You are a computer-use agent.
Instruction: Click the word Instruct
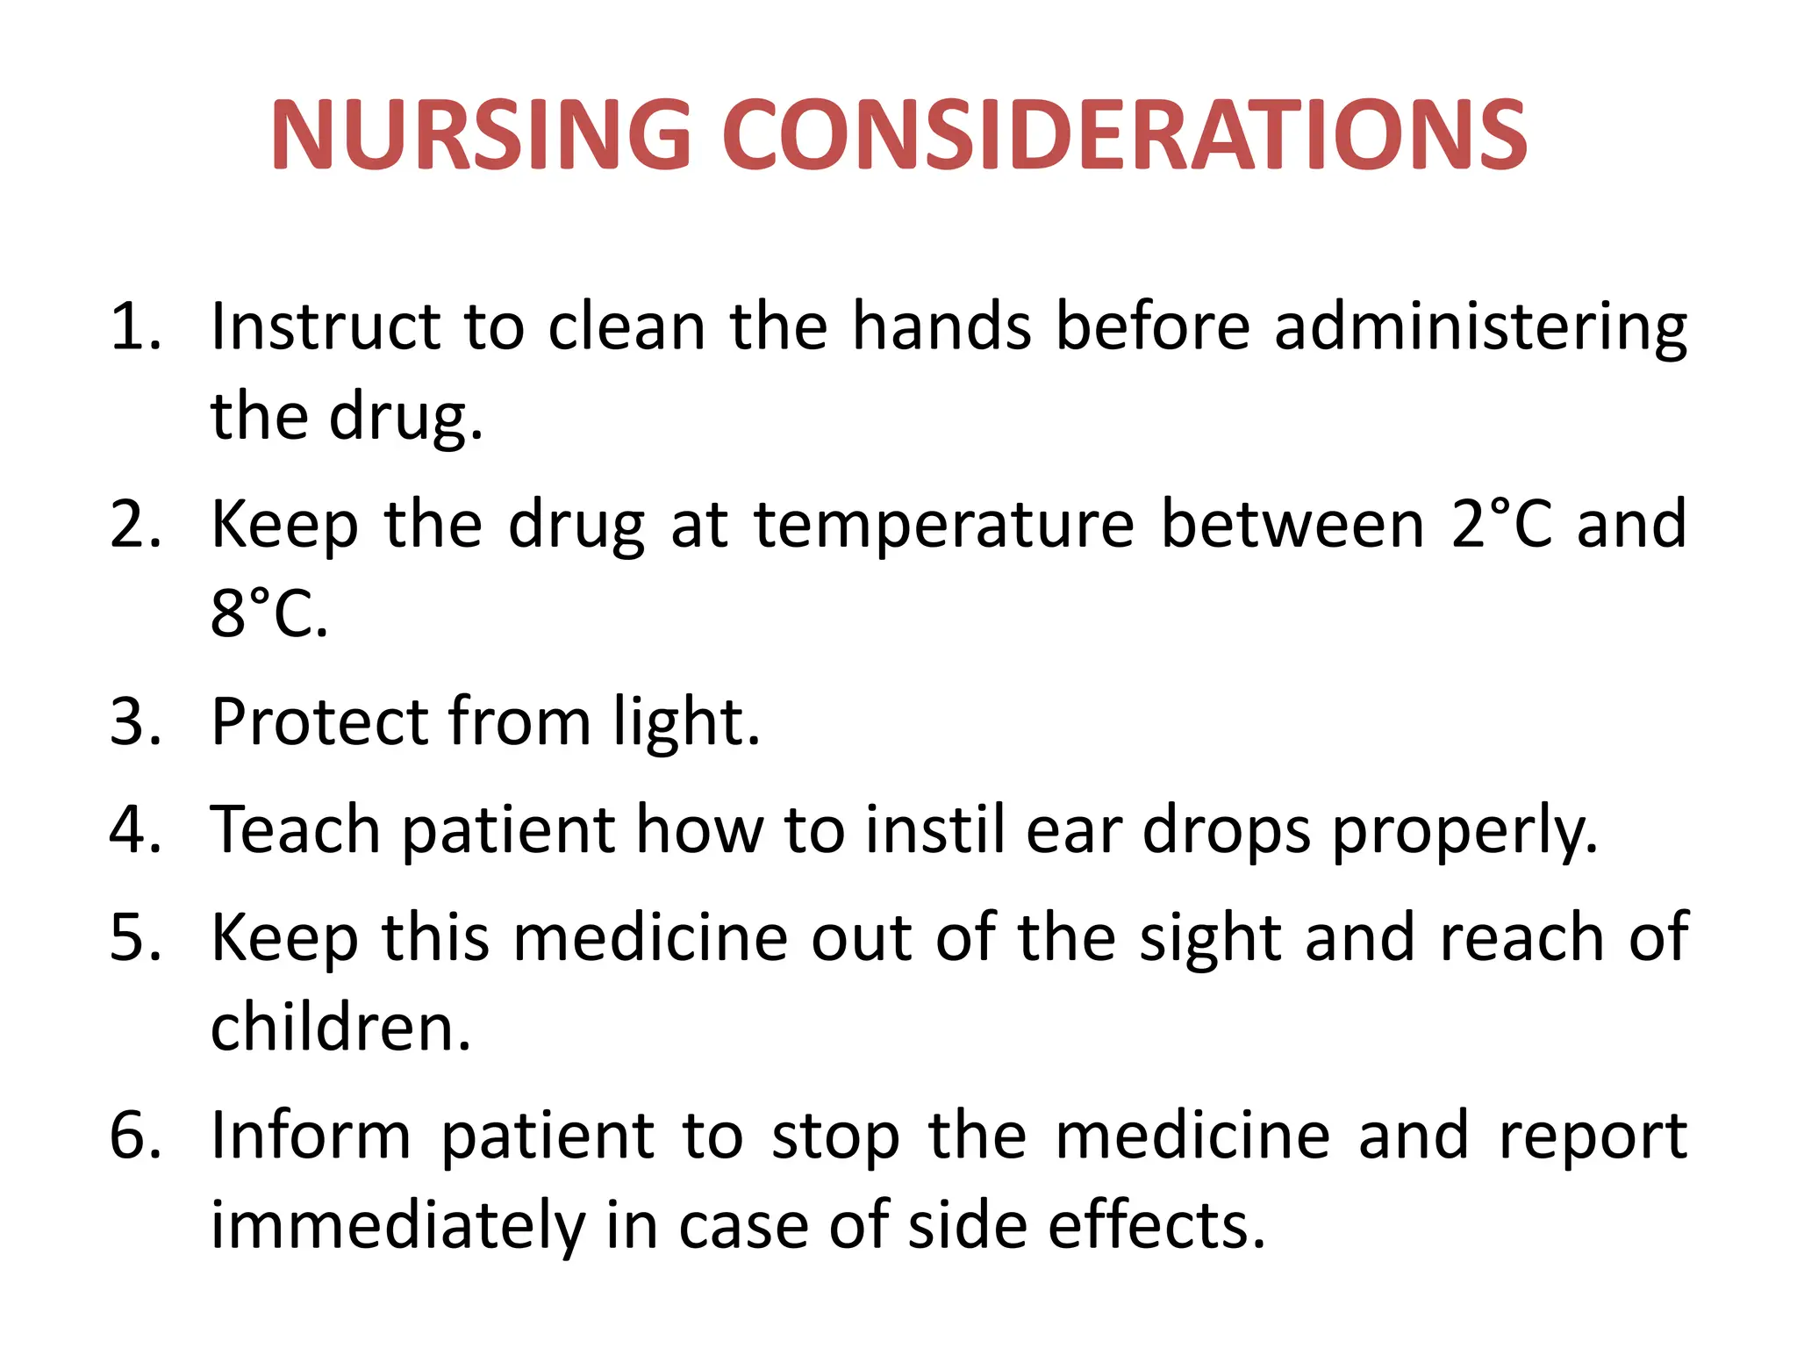[325, 327]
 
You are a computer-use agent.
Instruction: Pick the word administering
[1480, 327]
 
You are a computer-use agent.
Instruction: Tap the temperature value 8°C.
[268, 613]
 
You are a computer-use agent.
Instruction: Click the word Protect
[319, 722]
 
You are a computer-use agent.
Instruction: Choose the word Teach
[295, 829]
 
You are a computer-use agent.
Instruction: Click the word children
[340, 1028]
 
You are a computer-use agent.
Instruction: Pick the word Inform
[311, 1136]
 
